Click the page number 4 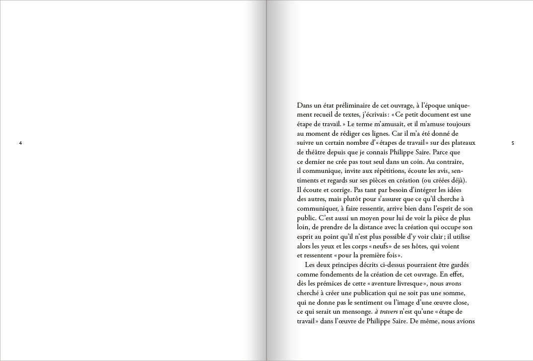pyautogui.click(x=20, y=144)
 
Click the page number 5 pyautogui.click(x=512, y=144)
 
